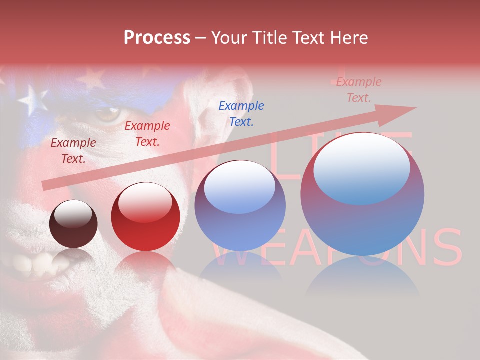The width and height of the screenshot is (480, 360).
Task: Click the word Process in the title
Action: (x=157, y=38)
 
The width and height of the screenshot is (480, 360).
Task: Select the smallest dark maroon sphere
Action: (x=73, y=224)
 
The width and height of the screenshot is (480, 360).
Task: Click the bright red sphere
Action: (x=145, y=217)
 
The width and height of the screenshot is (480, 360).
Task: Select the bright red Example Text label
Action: (x=147, y=134)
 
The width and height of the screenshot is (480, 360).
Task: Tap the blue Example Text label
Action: (x=241, y=113)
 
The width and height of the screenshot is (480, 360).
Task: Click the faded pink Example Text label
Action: (x=358, y=90)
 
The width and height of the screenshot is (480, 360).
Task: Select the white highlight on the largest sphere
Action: (x=362, y=168)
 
